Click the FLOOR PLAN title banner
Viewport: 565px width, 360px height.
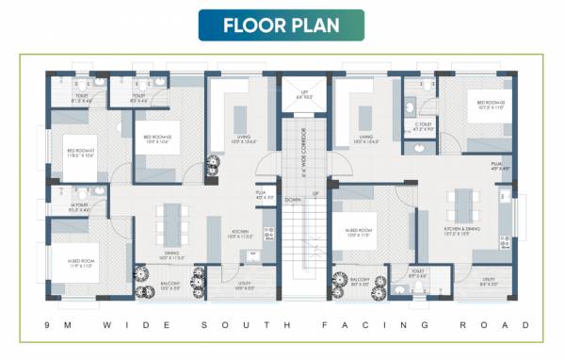coord(281,25)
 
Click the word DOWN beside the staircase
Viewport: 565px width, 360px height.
coord(293,201)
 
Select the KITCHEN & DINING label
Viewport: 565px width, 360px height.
coord(464,229)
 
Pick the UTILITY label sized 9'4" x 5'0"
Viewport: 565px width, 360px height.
coord(487,280)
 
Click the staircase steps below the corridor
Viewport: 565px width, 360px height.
coord(303,250)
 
